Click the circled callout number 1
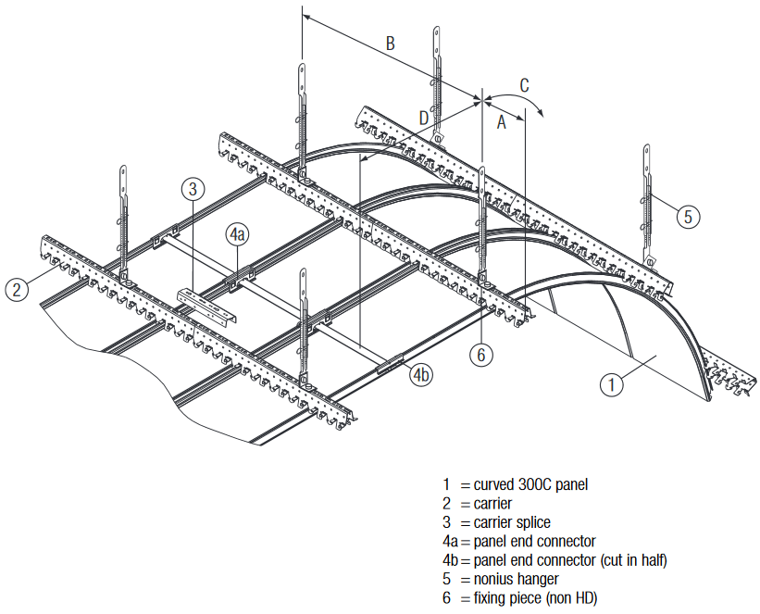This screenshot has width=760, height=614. click(612, 384)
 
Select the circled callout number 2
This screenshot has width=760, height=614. click(17, 290)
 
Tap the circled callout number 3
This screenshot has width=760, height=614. click(193, 189)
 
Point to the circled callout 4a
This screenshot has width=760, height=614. click(237, 235)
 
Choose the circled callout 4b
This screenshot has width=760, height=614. click(421, 375)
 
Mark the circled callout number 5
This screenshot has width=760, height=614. click(689, 217)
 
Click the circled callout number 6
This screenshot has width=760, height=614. click(480, 355)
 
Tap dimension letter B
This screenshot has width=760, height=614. click(390, 44)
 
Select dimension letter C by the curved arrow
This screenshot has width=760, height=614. click(524, 85)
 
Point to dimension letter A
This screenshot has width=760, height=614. click(501, 122)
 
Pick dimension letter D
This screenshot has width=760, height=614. click(424, 118)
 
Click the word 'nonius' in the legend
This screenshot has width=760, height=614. click(493, 579)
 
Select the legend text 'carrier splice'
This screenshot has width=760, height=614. click(512, 522)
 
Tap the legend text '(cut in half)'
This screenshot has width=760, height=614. click(633, 560)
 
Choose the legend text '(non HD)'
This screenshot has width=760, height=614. click(571, 598)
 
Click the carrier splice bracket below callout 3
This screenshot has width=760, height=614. click(207, 305)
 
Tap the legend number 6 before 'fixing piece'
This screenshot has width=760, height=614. click(446, 598)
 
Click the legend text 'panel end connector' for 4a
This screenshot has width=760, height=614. click(535, 541)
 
